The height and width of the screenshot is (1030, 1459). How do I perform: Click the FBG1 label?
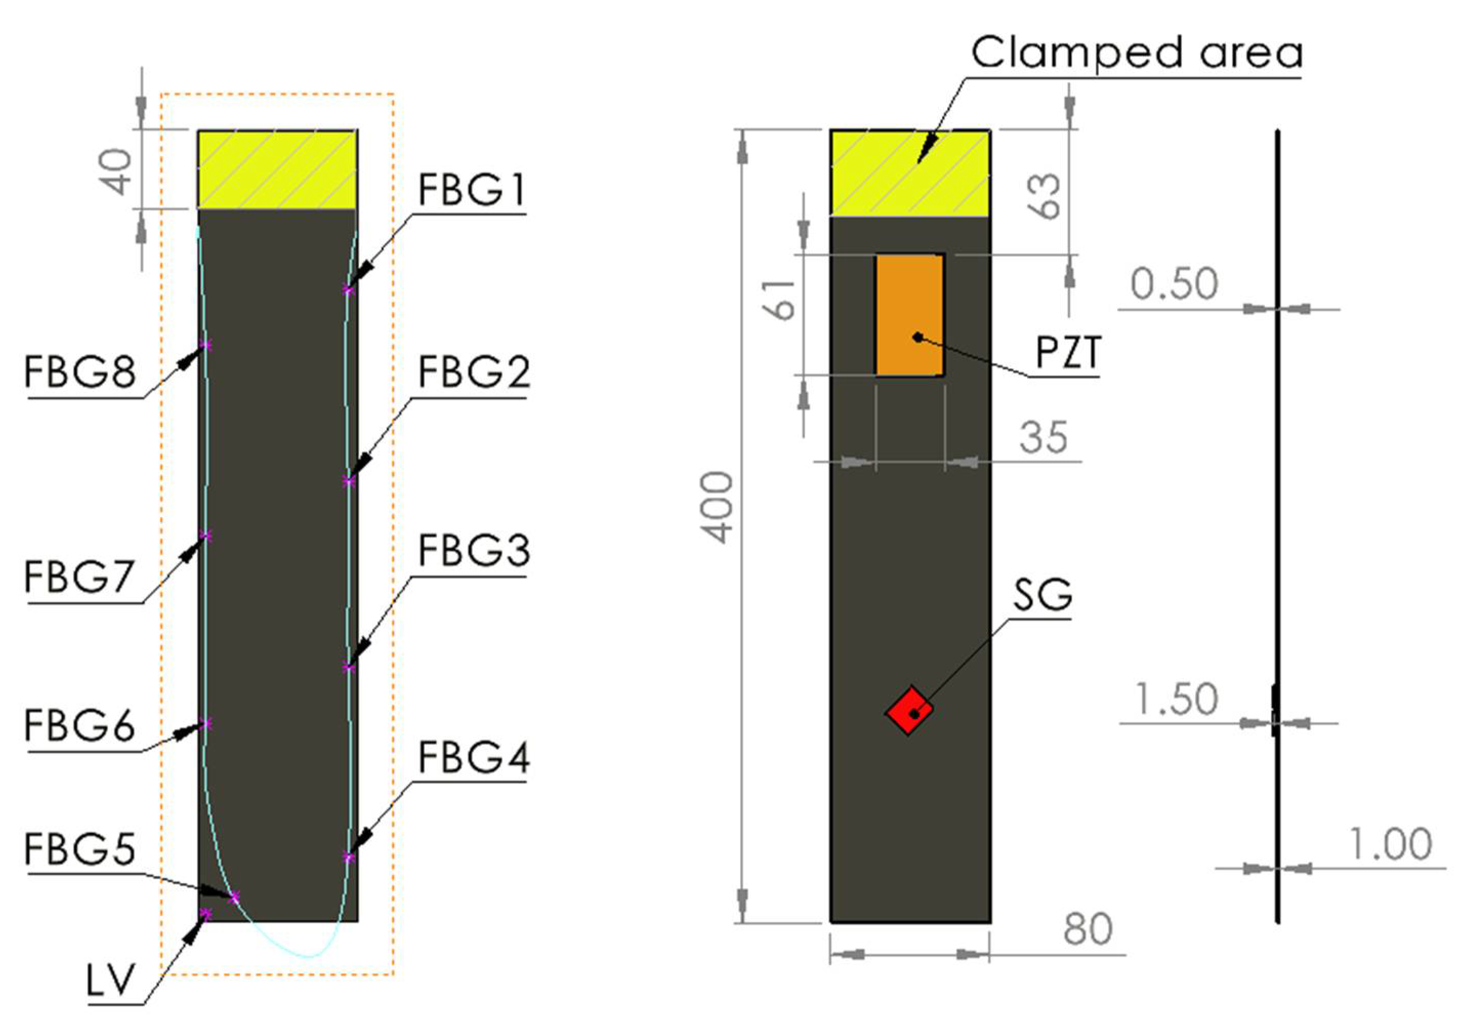[471, 190]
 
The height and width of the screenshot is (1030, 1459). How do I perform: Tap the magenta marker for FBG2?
[348, 482]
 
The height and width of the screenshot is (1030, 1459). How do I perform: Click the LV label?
[111, 980]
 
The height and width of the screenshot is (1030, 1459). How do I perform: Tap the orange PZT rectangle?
[909, 315]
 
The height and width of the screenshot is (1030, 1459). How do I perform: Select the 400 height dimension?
[719, 508]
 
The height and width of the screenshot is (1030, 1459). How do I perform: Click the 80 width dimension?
[1088, 929]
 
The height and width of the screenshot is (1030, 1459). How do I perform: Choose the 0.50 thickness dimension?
[1174, 284]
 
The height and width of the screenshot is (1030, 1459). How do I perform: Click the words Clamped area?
[1137, 53]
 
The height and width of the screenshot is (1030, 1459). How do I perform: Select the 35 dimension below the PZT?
[1044, 437]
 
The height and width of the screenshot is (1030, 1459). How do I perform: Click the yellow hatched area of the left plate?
[278, 169]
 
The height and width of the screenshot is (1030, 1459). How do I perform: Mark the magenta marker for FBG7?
[205, 536]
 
